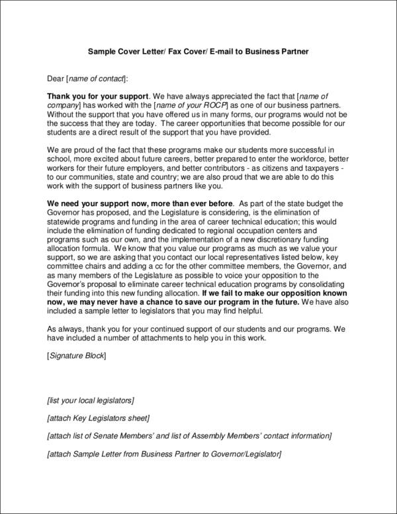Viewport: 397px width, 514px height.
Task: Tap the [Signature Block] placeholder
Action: tap(77, 355)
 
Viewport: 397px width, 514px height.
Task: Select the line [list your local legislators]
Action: tap(91, 400)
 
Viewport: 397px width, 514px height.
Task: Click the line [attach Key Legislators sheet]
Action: tap(99, 418)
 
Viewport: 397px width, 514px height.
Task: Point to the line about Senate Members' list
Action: tap(189, 436)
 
